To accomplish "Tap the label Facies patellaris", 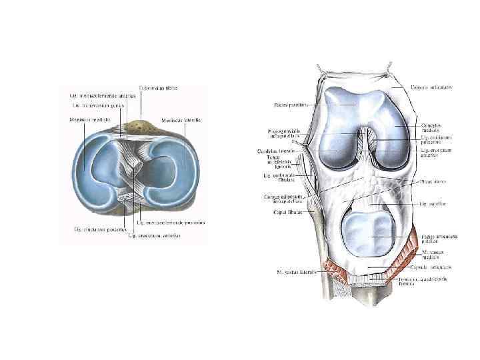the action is pyautogui.click(x=288, y=105).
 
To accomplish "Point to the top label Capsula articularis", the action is pyautogui.click(x=431, y=87).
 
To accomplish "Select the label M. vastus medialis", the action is pyautogui.click(x=434, y=255).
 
